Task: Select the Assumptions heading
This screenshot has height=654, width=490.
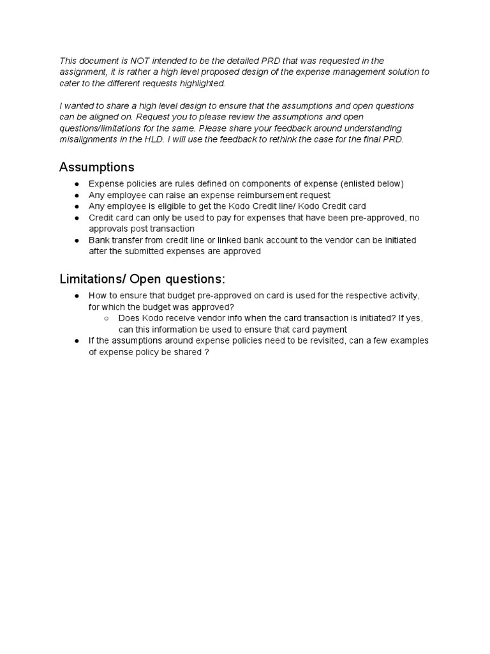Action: click(97, 167)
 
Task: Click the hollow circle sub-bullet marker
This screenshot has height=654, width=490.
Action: click(107, 318)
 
